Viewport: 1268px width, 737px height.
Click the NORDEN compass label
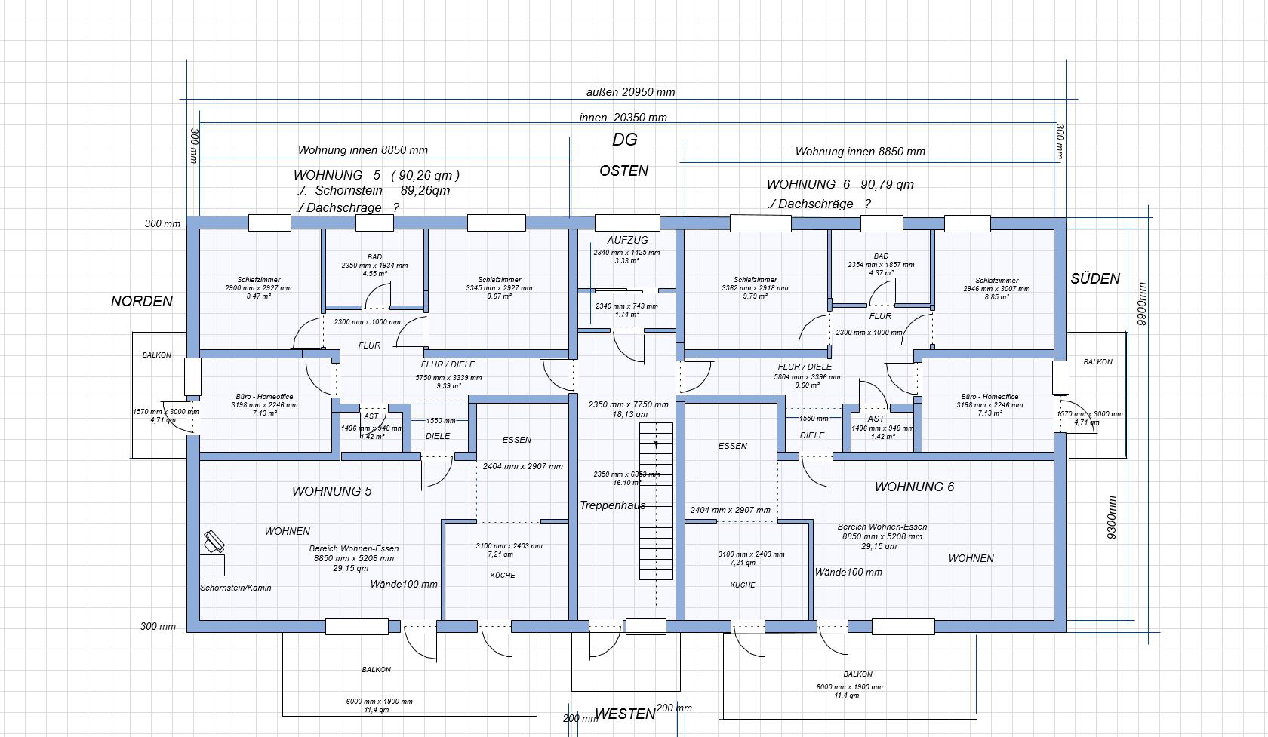142,301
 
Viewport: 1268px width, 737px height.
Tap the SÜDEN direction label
1094,278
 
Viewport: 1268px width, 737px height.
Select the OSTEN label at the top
623,170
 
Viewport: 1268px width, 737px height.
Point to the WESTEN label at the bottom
624,714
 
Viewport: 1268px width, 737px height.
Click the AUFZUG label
627,240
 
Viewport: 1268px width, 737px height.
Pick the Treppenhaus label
612,505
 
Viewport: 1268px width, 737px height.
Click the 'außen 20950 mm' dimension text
630,92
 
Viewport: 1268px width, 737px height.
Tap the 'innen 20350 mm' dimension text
623,118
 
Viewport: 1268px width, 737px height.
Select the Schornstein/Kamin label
235,588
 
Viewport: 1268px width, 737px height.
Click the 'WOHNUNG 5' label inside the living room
331,491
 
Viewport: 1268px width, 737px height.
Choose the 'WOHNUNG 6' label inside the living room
914,487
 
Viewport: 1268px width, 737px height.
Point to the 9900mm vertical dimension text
1142,304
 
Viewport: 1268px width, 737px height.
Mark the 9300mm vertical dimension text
1112,517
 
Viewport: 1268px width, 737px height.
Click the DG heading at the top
624,140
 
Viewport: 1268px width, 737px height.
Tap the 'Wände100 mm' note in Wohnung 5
404,584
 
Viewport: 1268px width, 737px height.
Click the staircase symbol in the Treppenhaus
656,501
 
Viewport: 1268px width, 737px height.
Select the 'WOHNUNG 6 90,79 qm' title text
840,184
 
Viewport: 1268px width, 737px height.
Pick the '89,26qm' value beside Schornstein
425,190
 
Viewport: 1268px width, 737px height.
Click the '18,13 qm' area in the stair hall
629,414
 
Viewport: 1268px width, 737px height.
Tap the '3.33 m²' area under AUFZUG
626,261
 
